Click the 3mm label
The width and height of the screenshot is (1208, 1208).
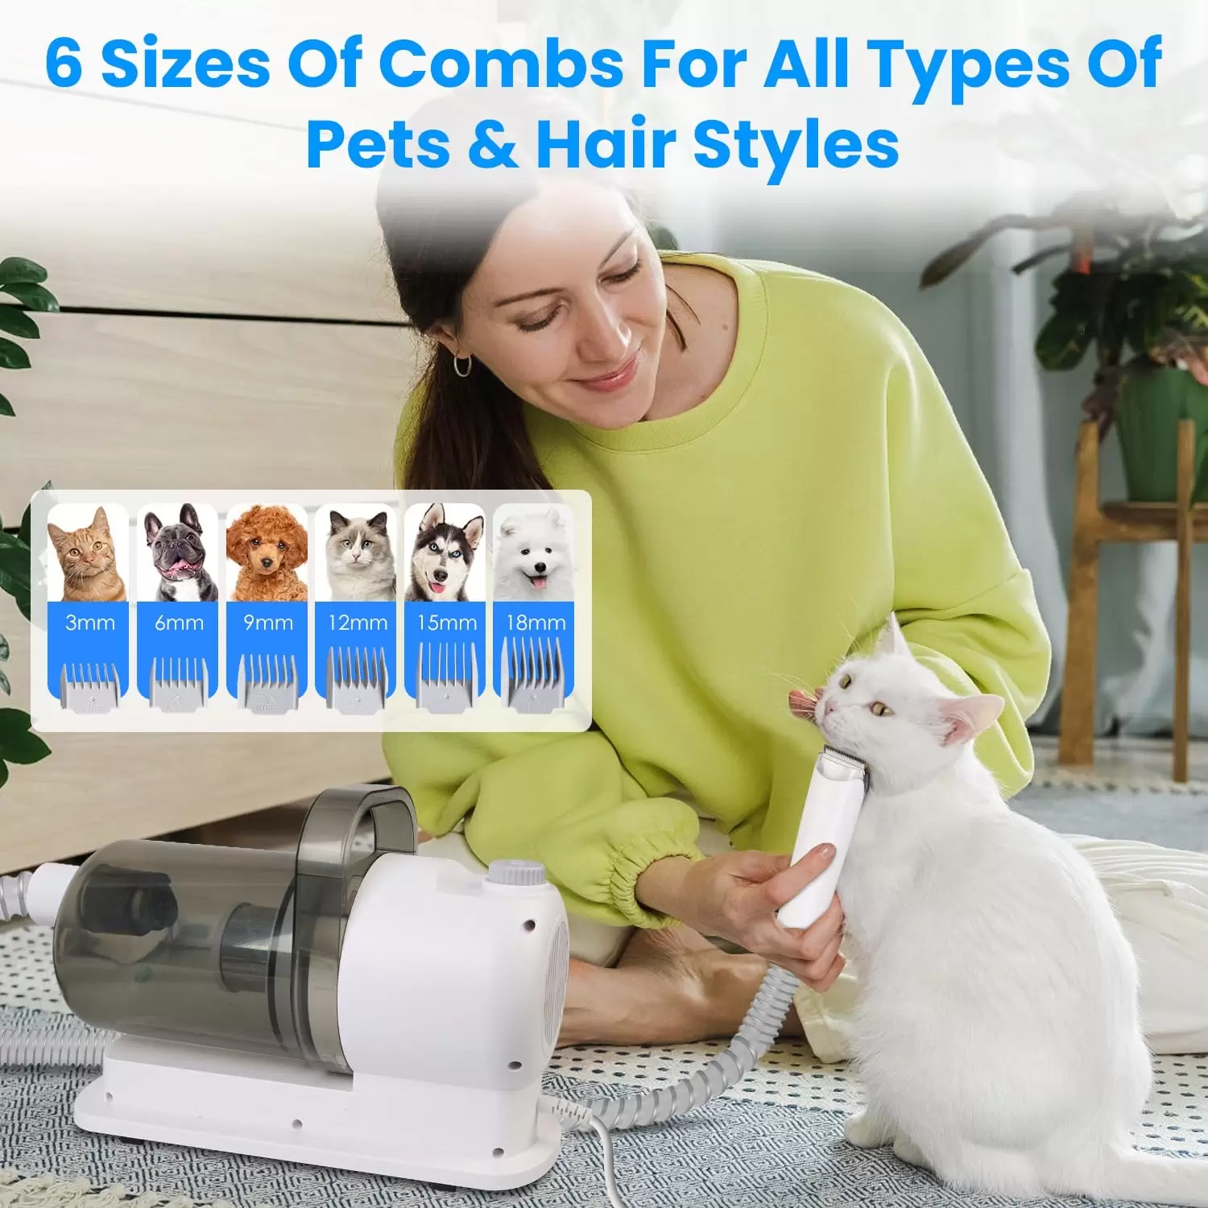tap(89, 623)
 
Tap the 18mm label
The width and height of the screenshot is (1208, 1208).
tap(536, 623)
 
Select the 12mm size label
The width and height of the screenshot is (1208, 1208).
tap(358, 623)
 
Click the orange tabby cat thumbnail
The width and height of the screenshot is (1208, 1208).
tap(89, 553)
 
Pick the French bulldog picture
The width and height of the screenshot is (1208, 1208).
tap(178, 553)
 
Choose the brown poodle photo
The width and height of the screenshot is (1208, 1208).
tap(267, 553)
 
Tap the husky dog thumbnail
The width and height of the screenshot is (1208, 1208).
tap(445, 553)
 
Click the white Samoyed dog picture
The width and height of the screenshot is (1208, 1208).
tap(534, 553)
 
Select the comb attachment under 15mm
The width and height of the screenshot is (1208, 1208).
tap(445, 679)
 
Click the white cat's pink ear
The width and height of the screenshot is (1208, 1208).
tap(974, 717)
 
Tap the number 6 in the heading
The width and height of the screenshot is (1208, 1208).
tap(64, 64)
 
